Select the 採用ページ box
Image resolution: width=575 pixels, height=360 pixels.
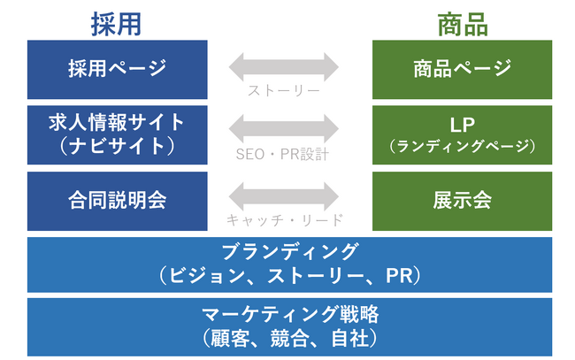coord(117,68)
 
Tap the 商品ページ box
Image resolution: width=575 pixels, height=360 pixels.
coord(463,68)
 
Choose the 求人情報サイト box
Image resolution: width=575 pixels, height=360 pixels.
coord(117,134)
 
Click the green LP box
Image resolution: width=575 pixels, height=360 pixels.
coord(463,134)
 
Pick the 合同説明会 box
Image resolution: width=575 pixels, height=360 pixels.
coord(117,200)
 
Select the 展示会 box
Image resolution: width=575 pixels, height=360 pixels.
coord(463,200)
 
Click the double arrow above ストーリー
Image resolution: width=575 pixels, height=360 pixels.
coord(284,67)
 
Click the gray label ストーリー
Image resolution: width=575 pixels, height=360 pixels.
coord(284,90)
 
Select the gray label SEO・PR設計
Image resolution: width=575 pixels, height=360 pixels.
coord(284,155)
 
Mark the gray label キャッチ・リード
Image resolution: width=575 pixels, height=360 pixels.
coord(284,221)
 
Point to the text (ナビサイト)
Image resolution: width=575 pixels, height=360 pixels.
coord(117,144)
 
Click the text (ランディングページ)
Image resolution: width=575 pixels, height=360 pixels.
coord(463,146)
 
